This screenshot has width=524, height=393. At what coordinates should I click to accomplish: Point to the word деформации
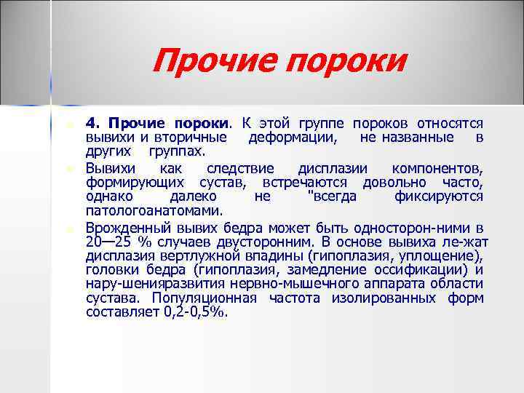[293, 137]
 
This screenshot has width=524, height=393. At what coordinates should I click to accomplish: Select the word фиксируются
[438, 196]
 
